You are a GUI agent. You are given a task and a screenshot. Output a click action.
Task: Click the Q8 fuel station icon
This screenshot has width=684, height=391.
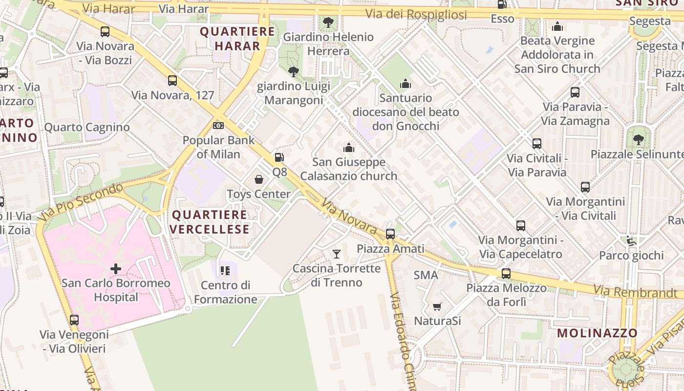(x=278, y=157)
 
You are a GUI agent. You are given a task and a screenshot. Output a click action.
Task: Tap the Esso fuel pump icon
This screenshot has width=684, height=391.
(x=501, y=4)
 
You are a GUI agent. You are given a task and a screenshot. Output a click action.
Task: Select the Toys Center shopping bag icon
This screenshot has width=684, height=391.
(x=259, y=179)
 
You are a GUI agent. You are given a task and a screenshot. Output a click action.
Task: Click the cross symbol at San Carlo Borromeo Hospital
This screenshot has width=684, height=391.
(x=116, y=268)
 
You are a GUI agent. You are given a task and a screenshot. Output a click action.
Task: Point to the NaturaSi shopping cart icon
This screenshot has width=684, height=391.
(x=437, y=306)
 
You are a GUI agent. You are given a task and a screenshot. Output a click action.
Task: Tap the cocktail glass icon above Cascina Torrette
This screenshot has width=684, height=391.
(x=337, y=254)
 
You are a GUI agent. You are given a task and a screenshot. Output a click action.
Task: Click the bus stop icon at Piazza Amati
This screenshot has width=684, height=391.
(x=390, y=234)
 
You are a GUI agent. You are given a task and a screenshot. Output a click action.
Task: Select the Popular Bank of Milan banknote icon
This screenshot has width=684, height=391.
(x=218, y=126)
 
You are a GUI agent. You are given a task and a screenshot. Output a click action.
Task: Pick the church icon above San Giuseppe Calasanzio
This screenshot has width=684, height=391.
(x=348, y=147)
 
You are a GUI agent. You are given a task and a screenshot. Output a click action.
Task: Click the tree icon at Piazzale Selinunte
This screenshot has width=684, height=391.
(x=638, y=140)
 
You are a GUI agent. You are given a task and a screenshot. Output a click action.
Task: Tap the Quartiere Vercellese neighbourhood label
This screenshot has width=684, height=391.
(x=210, y=222)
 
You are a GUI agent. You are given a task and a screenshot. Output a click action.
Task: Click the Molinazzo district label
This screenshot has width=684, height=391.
(x=598, y=333)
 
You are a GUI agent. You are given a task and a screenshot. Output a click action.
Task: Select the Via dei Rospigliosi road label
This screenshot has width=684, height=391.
(x=416, y=14)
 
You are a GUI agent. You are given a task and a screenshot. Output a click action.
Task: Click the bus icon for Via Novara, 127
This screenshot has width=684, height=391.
(x=172, y=81)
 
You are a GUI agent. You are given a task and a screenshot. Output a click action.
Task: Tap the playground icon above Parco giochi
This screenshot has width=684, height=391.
(x=631, y=240)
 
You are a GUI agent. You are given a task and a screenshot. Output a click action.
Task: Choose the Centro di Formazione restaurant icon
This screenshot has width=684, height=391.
(x=225, y=270)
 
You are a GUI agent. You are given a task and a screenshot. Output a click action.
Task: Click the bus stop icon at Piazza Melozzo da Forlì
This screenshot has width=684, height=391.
(x=506, y=273)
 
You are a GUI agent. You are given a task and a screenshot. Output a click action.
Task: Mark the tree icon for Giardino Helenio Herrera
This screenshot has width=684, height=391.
(x=328, y=22)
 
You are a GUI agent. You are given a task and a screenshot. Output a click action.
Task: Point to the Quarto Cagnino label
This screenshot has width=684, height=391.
(x=87, y=127)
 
